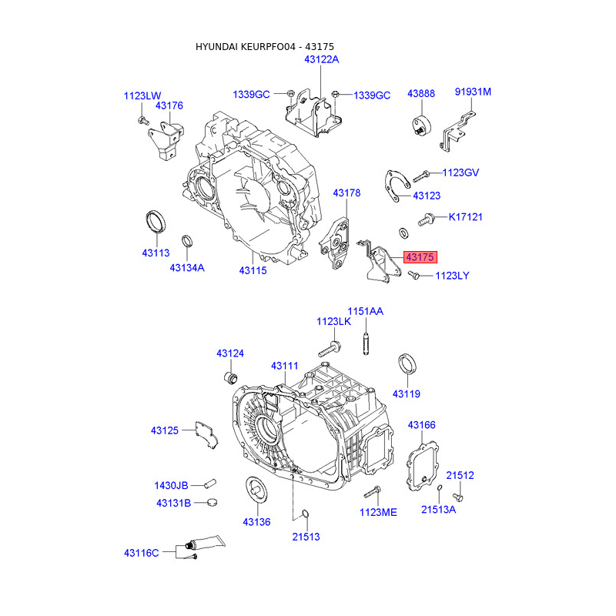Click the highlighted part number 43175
coord(420,257)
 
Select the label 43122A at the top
coord(321,59)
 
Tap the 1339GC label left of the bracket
coord(251,95)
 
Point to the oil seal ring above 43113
coord(156,222)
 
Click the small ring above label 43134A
coord(187,241)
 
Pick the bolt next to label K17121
coord(426,219)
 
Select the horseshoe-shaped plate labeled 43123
coord(396,186)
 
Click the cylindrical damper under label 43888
coord(421,126)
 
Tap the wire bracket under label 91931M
coord(457,131)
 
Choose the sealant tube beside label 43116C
coord(205,543)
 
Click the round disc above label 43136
coord(256,489)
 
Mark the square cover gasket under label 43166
coord(422,467)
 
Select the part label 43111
coord(284,366)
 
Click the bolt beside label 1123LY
coord(413,275)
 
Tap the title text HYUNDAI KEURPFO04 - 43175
coord(265,47)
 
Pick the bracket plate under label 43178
coord(334,243)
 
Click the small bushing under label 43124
coord(230,377)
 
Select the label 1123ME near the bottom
coord(378,512)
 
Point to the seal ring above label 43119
coord(407,364)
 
